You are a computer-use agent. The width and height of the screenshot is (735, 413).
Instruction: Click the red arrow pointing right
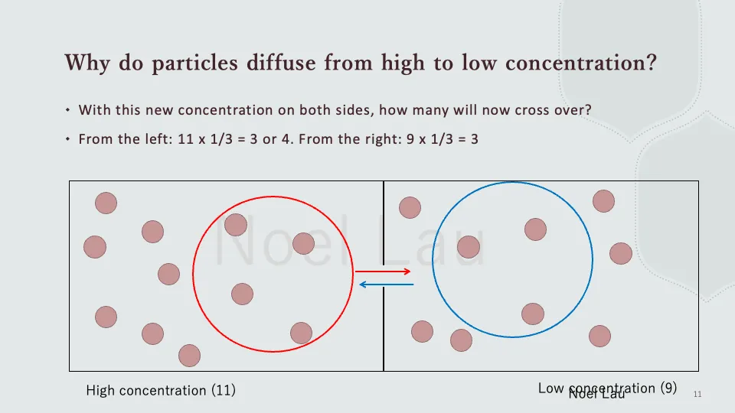click(x=383, y=272)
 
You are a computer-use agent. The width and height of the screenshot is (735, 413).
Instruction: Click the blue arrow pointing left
click(x=386, y=285)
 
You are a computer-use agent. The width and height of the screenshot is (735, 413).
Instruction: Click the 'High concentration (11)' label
click(x=161, y=391)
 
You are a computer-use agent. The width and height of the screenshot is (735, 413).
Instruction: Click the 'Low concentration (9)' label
click(x=607, y=388)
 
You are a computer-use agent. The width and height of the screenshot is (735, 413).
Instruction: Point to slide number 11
click(x=697, y=394)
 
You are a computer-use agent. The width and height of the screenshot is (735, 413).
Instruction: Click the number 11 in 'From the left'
click(x=179, y=139)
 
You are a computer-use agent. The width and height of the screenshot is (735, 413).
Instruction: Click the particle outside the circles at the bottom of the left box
click(x=189, y=356)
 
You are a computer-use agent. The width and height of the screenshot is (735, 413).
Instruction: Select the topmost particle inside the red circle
click(x=236, y=225)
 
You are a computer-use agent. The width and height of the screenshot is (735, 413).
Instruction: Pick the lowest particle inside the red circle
click(x=301, y=333)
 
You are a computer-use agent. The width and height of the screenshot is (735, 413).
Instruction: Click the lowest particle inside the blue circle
click(x=532, y=314)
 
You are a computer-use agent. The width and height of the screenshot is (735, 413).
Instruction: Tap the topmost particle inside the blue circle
click(x=535, y=229)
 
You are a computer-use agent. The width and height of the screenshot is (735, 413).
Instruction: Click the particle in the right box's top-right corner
click(x=603, y=200)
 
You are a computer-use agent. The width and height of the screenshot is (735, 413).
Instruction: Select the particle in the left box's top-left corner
click(x=106, y=203)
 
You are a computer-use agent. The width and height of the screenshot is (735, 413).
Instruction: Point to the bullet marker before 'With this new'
click(x=68, y=110)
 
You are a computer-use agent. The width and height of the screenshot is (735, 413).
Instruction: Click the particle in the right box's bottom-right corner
click(x=599, y=336)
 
